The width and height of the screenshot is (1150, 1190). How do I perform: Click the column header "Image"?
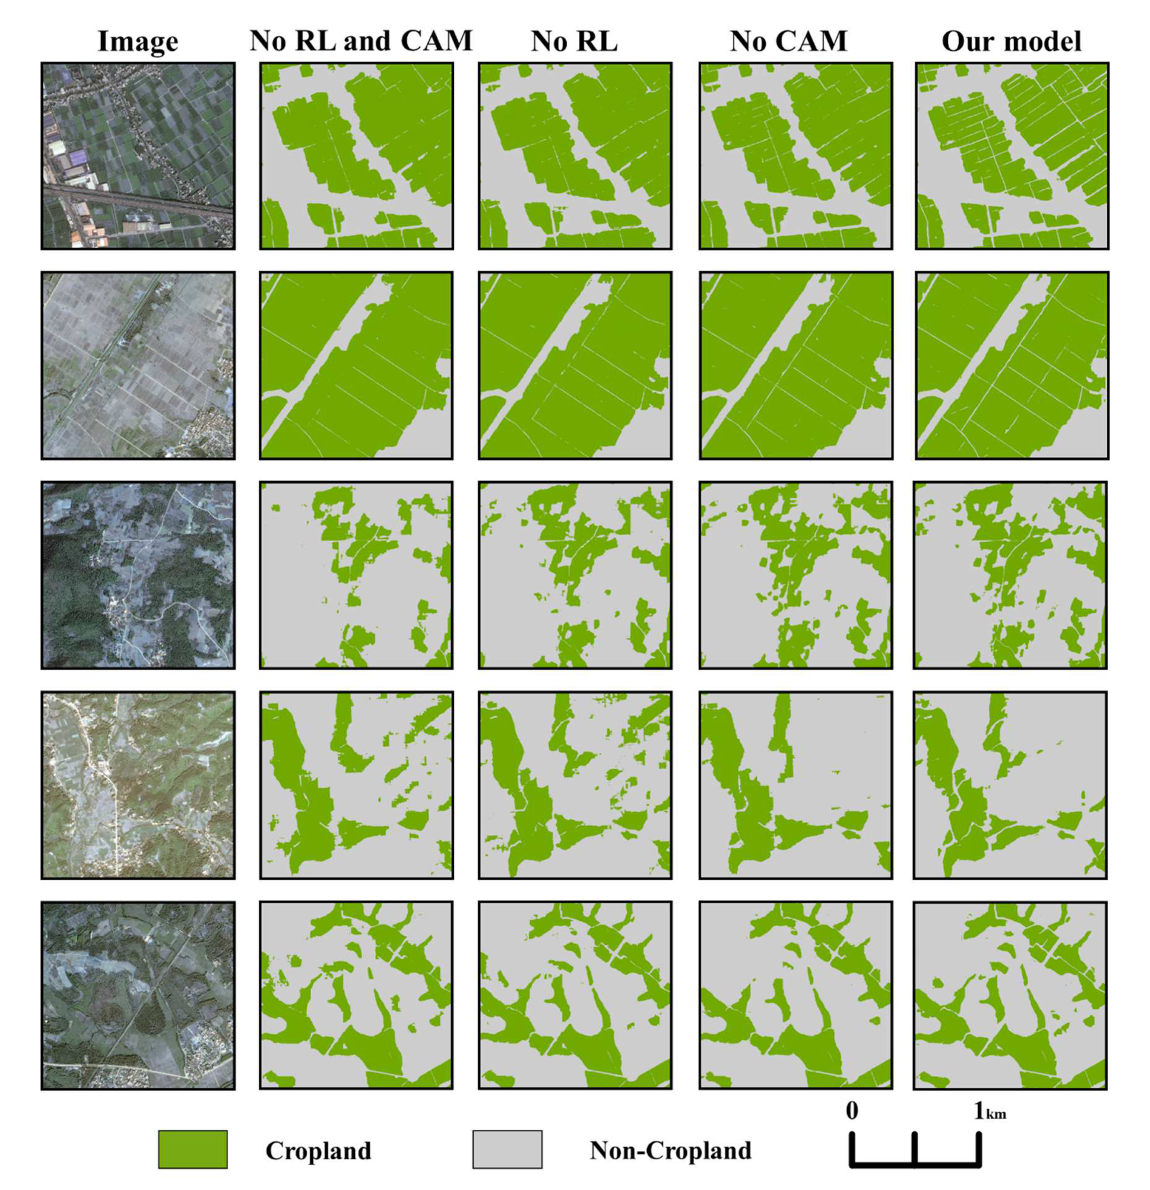click(138, 42)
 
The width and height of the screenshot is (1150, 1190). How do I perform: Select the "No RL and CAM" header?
click(361, 42)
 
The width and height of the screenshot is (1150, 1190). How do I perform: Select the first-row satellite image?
click(138, 156)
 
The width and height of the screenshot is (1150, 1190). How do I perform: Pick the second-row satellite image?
click(138, 366)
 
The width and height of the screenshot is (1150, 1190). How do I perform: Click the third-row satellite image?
click(138, 575)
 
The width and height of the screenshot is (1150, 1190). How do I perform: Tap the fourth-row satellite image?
click(138, 785)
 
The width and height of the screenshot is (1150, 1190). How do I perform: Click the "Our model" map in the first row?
click(1012, 156)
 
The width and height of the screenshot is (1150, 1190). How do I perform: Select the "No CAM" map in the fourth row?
click(796, 785)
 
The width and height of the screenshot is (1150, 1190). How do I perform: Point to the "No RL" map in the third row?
click(575, 575)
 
